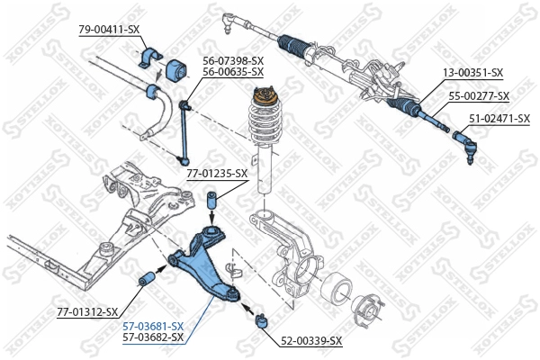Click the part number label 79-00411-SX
pyautogui.click(x=109, y=30)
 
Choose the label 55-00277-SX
pyautogui.click(x=479, y=95)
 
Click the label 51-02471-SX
pyautogui.click(x=499, y=117)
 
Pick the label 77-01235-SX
pyautogui.click(x=217, y=173)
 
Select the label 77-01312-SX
pyautogui.click(x=87, y=311)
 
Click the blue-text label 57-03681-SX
pyautogui.click(x=153, y=325)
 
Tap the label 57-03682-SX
pyautogui.click(x=153, y=337)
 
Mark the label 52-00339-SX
pyautogui.click(x=311, y=340)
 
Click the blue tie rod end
pyautogui.click(x=467, y=145)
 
